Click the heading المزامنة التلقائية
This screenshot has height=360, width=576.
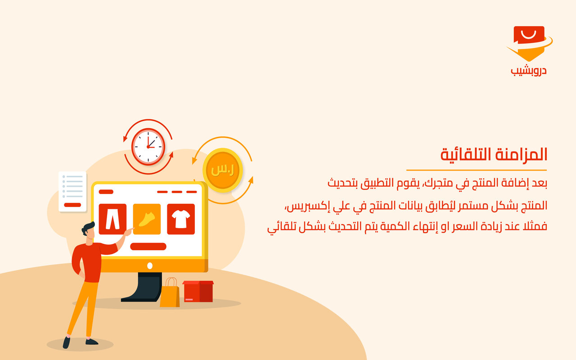(494, 154)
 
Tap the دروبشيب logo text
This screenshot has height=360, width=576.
(529, 71)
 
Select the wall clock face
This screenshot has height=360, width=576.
(148, 146)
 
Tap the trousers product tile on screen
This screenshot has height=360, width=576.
(112, 219)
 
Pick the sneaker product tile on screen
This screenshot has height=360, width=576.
(147, 219)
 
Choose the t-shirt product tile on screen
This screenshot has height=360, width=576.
(181, 219)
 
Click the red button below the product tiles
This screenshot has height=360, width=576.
(148, 247)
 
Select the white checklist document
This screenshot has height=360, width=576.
(72, 191)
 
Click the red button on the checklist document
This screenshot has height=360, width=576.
(72, 205)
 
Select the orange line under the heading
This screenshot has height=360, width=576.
(476, 170)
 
